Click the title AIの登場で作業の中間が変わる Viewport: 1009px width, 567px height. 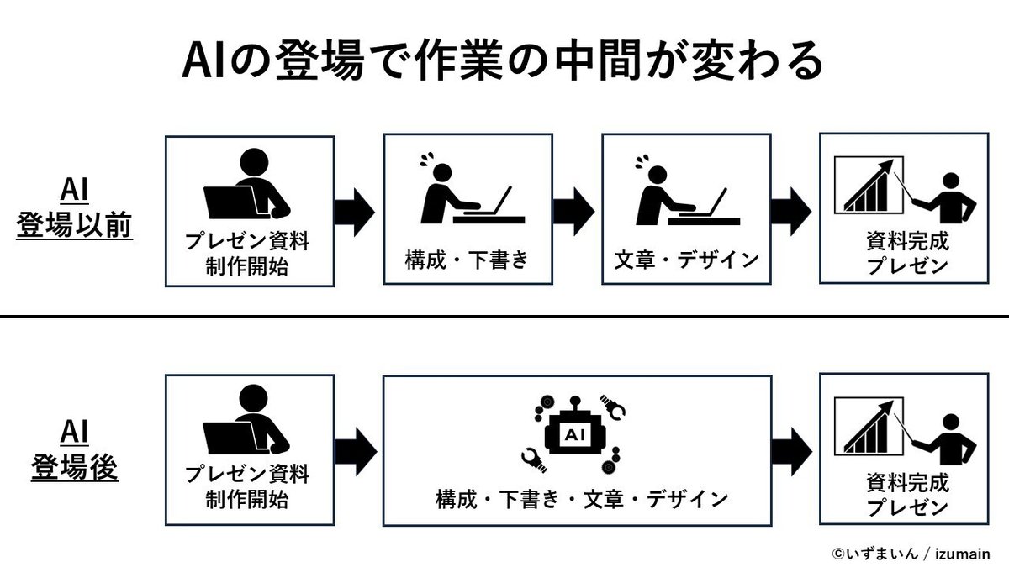(502, 60)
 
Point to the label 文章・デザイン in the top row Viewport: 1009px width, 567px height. (686, 258)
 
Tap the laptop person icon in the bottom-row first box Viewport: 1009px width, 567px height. (246, 425)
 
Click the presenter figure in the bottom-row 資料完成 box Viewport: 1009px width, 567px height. (948, 438)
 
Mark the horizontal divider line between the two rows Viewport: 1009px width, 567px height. (504, 317)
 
